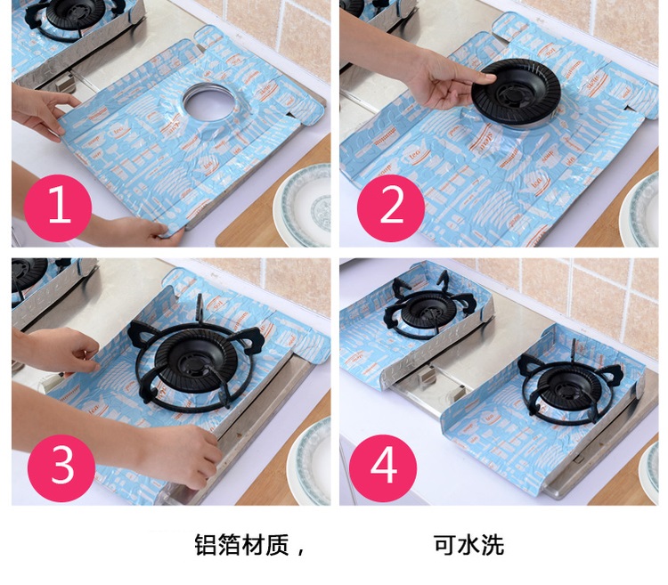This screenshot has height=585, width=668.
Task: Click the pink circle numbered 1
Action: pos(58,208)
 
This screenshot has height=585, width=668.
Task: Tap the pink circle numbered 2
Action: pos(391,208)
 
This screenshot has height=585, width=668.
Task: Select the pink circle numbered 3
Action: pos(61,468)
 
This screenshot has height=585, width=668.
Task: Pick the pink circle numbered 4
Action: pos(383,468)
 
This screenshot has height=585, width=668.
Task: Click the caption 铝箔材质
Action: pos(242,545)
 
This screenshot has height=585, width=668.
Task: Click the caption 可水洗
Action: pos(468,545)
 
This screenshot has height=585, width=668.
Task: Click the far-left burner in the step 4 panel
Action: pos(428,307)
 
